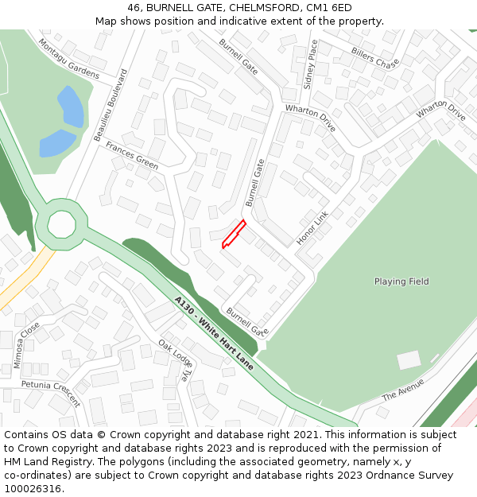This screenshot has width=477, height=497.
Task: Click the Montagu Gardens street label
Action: (x=69, y=60)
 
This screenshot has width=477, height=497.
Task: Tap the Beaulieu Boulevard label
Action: (x=111, y=105)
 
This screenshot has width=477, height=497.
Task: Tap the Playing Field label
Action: (x=401, y=282)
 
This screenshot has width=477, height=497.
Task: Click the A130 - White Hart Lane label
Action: (x=214, y=332)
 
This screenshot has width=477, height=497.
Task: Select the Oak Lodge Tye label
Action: (x=176, y=361)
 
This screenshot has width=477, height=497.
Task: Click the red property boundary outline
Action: (x=232, y=235)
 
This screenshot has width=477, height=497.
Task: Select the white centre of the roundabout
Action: (x=61, y=224)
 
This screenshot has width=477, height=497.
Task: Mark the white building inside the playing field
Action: (x=409, y=360)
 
